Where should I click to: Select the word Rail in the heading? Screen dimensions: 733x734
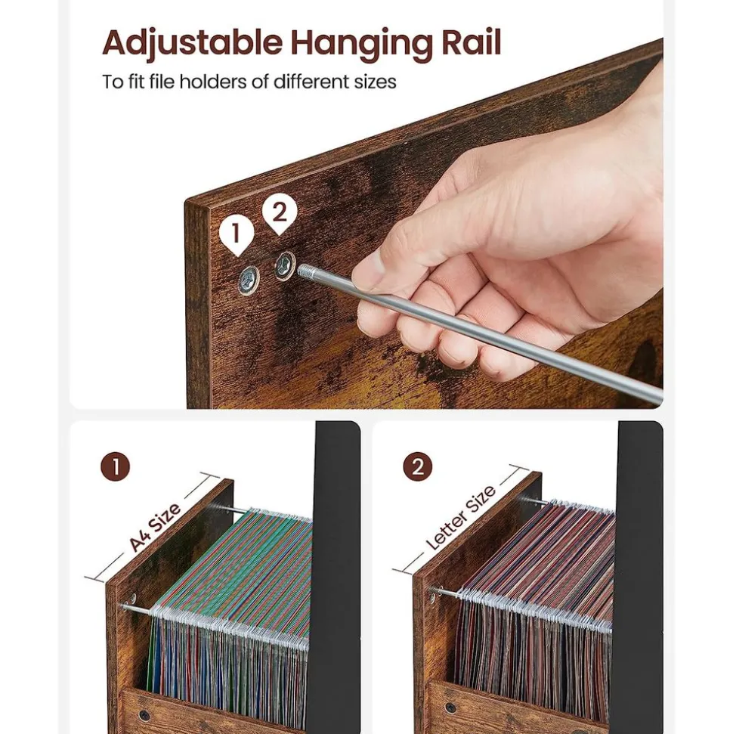point(471,42)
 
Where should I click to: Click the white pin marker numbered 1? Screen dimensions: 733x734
point(237,235)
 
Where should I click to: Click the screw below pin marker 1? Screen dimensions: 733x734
point(249,280)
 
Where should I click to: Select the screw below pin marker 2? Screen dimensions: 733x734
point(285,266)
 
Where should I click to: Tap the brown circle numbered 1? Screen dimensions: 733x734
point(115,466)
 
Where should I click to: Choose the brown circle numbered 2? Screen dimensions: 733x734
point(418,466)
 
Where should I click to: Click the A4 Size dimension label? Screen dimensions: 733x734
point(155,528)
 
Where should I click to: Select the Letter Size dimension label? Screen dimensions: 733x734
point(461,518)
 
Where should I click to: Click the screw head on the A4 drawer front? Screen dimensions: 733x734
point(144,715)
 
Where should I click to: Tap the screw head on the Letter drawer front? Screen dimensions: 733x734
point(450,707)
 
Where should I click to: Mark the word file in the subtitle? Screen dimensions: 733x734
point(162,82)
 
